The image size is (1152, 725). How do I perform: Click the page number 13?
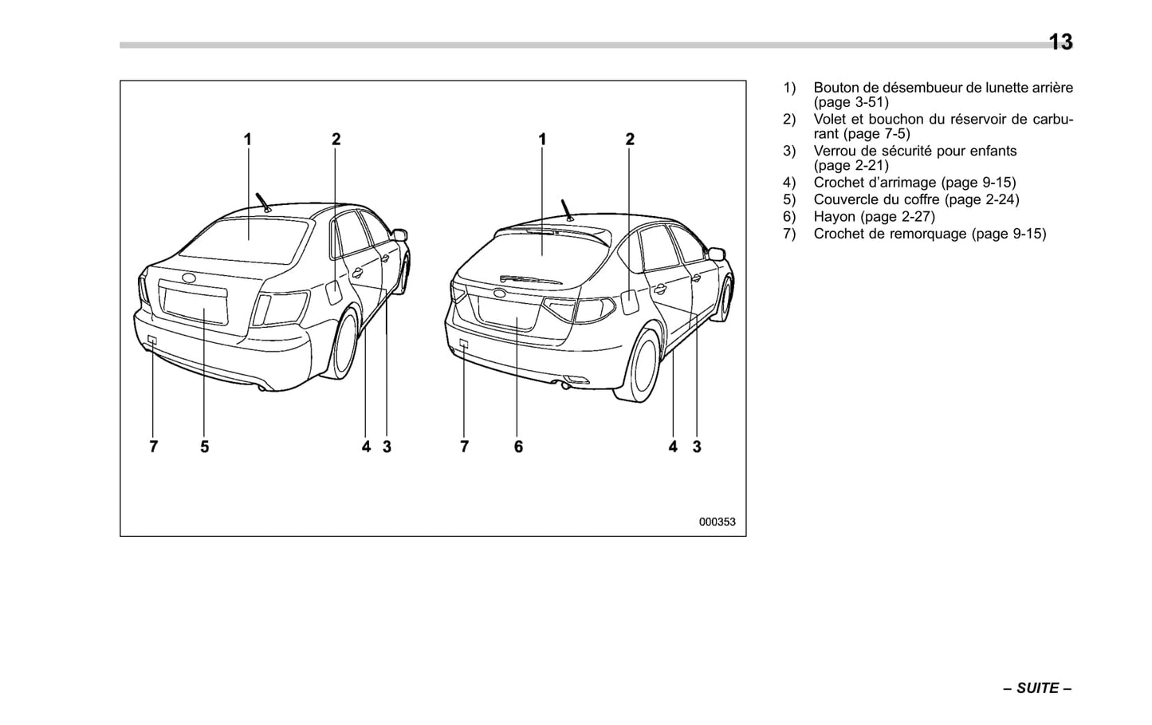(x=1060, y=41)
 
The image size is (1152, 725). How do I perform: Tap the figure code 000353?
(x=717, y=522)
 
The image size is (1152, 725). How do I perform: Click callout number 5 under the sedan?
(x=205, y=447)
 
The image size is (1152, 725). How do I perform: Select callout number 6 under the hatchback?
(x=518, y=447)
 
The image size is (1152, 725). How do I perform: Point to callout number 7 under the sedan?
(x=154, y=447)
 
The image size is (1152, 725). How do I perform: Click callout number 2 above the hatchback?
(x=630, y=140)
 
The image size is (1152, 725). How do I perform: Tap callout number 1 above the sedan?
(x=248, y=140)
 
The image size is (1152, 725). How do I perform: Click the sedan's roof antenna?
(x=261, y=201)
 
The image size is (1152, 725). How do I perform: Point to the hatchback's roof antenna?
(x=566, y=209)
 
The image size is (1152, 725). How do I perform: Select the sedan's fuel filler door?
(x=333, y=291)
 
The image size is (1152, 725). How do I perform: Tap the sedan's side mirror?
(x=400, y=234)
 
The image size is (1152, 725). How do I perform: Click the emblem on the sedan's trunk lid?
(x=190, y=278)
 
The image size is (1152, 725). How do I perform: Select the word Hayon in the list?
(x=834, y=217)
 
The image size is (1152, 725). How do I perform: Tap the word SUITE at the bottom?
(x=1037, y=688)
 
